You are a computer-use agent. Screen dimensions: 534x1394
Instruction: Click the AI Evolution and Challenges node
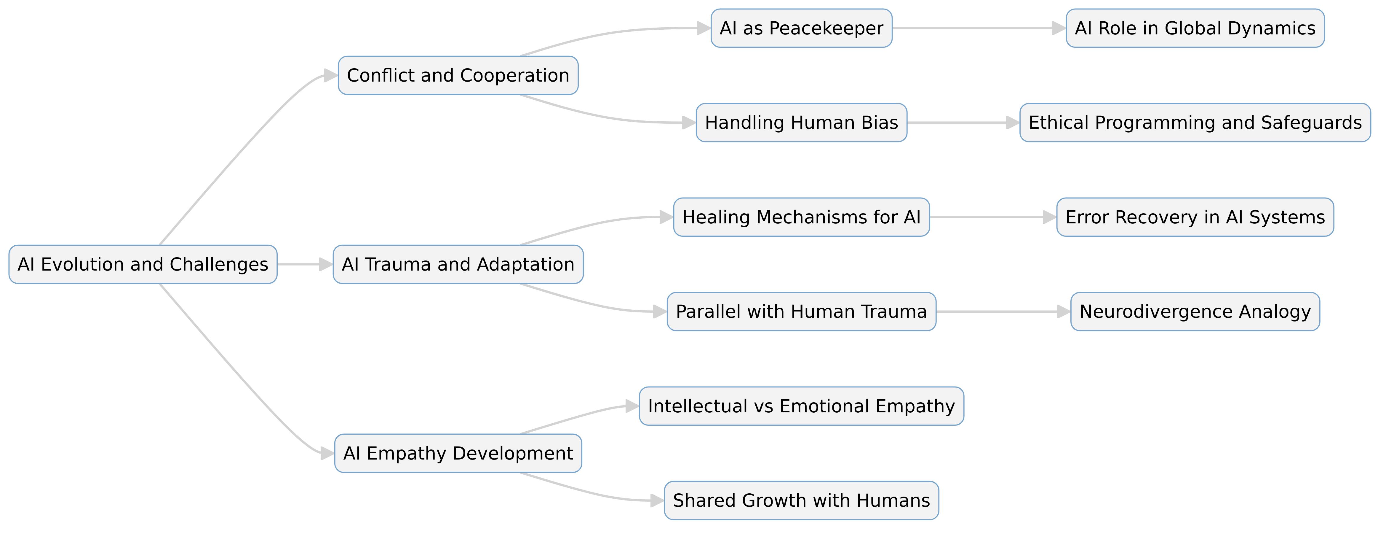pos(143,264)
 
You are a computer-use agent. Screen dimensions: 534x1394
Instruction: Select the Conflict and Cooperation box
pos(458,75)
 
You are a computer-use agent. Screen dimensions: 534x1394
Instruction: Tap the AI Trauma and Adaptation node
pos(458,264)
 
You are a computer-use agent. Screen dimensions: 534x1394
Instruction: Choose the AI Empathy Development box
pos(458,453)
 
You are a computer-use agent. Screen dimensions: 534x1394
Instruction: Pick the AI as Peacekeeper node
pos(801,28)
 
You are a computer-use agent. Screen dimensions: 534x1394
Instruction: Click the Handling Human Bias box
pos(801,123)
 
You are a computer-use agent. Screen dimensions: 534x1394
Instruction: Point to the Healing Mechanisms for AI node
pos(801,217)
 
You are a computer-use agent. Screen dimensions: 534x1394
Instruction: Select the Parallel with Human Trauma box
pos(801,311)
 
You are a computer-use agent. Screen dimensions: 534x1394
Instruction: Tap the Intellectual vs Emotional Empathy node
pos(801,406)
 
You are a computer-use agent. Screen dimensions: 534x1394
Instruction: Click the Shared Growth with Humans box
pos(801,500)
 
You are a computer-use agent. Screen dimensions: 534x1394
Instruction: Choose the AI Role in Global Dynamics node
pos(1195,28)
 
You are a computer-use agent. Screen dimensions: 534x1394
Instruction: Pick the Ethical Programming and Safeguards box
pos(1195,123)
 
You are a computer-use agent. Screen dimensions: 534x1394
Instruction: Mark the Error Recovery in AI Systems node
pos(1195,217)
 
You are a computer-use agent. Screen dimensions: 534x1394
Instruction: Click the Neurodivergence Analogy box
pos(1195,311)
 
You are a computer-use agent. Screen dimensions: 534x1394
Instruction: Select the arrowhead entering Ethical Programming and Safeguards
pos(1013,123)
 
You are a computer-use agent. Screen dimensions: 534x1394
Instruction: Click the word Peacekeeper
pos(826,28)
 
